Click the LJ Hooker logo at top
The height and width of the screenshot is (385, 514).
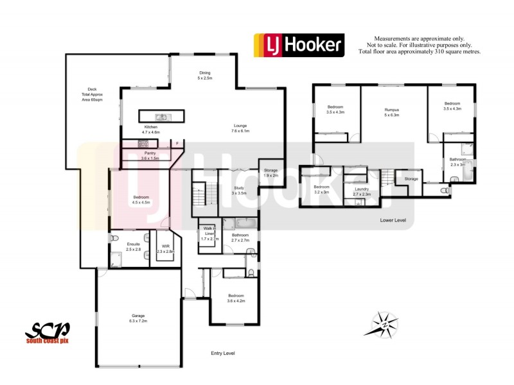coord(299,45)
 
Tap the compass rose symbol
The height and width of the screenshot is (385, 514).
coord(384,324)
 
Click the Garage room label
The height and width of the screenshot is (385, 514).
coord(139,318)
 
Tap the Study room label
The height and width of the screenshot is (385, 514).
coord(238,191)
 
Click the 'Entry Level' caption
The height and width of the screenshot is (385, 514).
coord(223,354)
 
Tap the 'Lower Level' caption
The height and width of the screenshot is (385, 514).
coord(393,220)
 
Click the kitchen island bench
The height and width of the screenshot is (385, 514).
coord(162,116)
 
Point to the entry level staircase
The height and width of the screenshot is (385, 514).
coord(204,193)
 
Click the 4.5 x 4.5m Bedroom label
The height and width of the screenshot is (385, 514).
coord(141,200)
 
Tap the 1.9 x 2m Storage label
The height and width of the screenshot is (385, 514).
coord(270,172)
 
